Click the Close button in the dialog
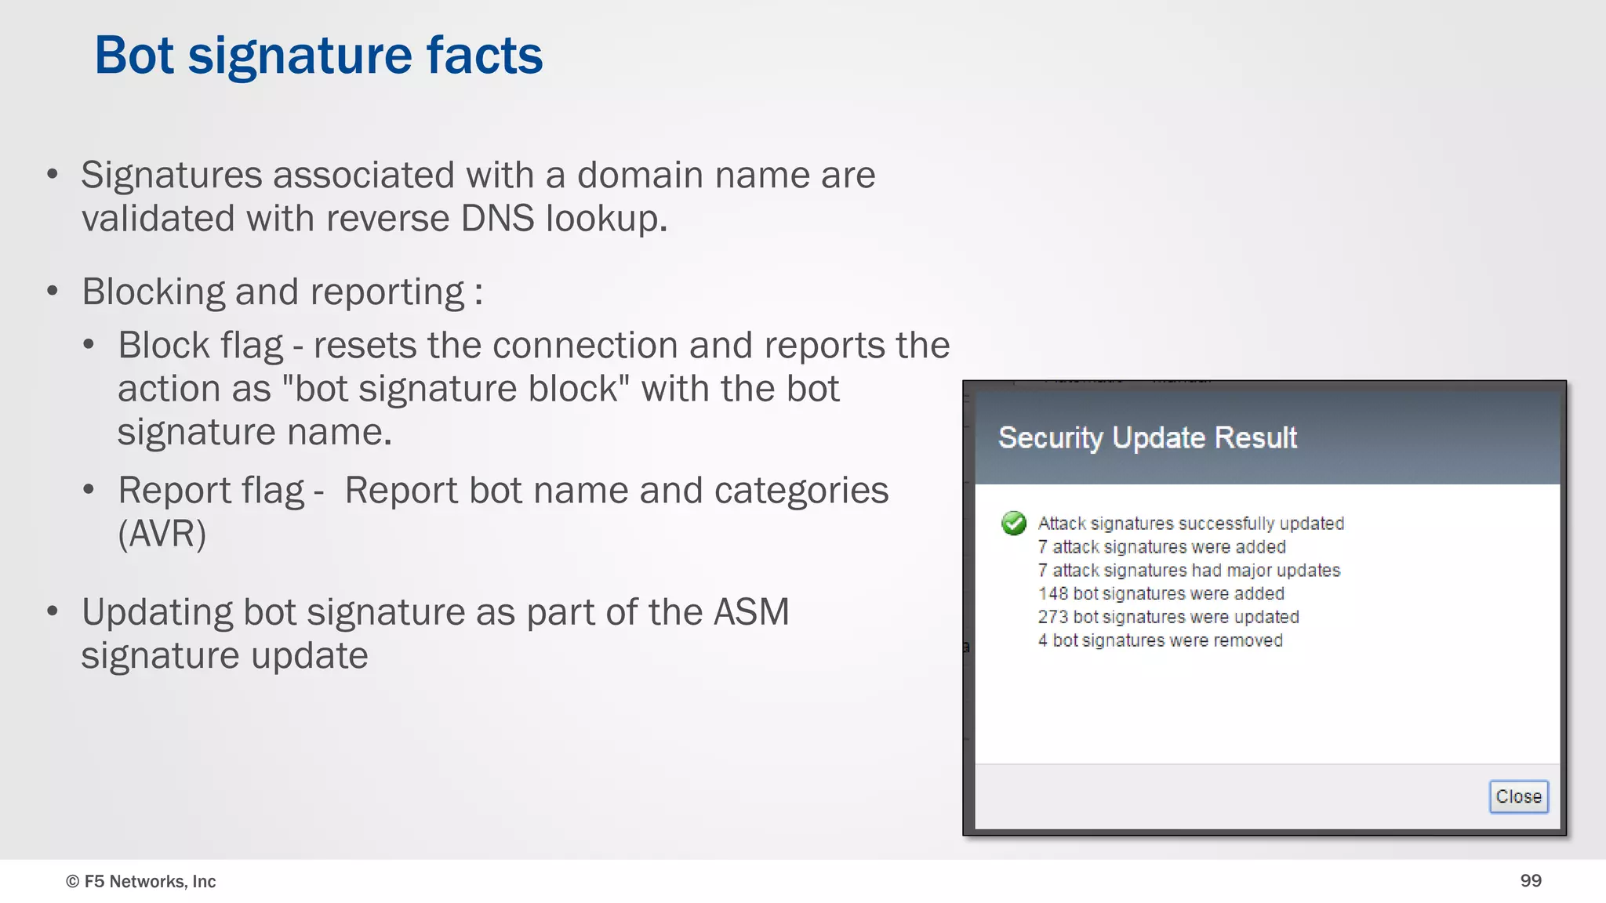[x=1518, y=796]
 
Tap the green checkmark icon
[x=1013, y=523]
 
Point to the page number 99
[x=1531, y=880]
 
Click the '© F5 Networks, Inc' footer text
[x=141, y=881]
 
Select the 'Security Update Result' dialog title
[x=1147, y=437]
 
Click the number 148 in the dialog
[x=1053, y=593]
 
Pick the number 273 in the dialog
[x=1053, y=617]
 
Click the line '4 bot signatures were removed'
[x=1161, y=640]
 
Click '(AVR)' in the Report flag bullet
[x=162, y=534]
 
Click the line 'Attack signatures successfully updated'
[x=1190, y=523]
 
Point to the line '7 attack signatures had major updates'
[x=1189, y=570]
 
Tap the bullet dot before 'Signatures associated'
[x=53, y=174]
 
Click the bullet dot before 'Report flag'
[x=89, y=490]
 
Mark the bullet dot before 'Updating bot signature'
[x=53, y=611]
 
